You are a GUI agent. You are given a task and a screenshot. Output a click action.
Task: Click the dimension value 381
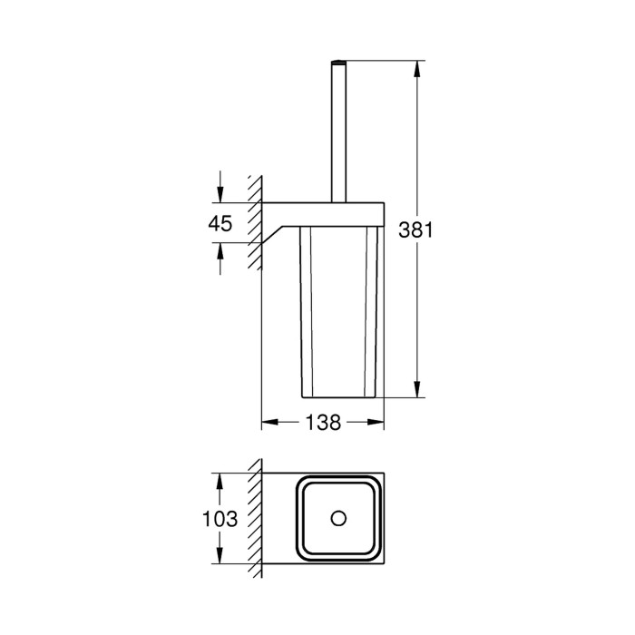(x=415, y=230)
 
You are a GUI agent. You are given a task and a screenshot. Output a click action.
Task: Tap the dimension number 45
(x=220, y=223)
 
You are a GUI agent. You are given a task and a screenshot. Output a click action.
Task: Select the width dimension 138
(x=323, y=423)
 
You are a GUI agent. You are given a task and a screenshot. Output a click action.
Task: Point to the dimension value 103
(x=220, y=519)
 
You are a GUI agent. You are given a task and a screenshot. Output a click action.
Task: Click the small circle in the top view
(x=338, y=518)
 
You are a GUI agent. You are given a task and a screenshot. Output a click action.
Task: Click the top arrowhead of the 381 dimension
(x=417, y=69)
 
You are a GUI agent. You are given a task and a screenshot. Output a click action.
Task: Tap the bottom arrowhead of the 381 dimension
(x=417, y=389)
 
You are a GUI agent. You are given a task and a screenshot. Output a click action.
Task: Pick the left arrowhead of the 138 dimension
(x=270, y=423)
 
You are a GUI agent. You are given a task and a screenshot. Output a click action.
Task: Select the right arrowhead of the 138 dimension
(x=376, y=423)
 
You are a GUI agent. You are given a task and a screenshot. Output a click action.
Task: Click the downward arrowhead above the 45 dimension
(x=220, y=194)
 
